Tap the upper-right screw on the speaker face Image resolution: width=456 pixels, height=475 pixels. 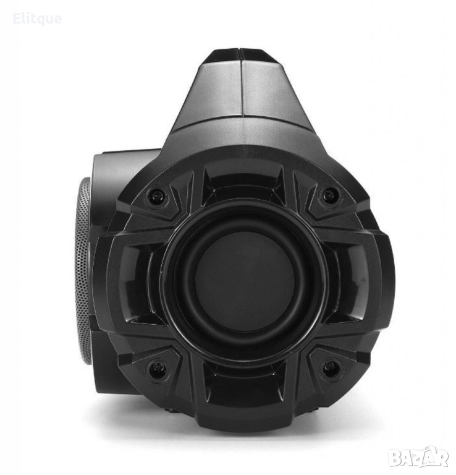tap(330, 193)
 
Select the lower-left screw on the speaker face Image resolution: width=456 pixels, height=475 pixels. tap(157, 369)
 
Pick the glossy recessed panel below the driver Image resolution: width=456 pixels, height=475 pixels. tap(245, 384)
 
